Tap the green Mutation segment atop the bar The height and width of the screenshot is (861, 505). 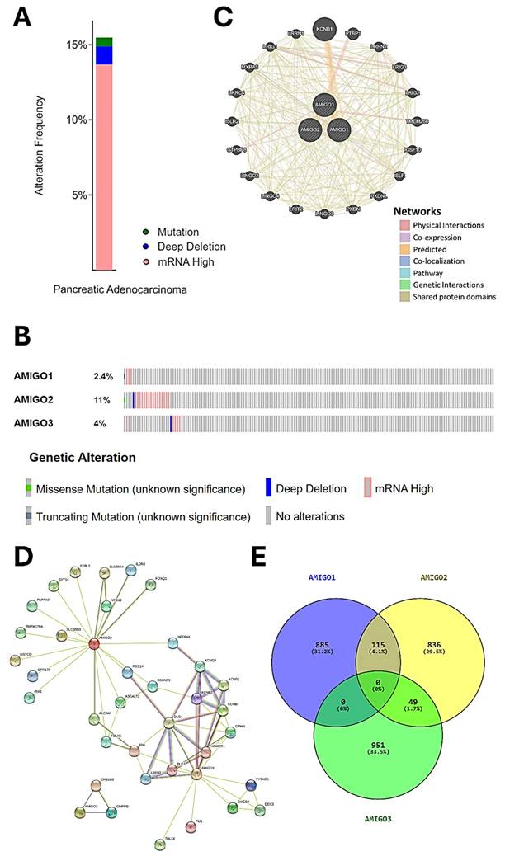[104, 41]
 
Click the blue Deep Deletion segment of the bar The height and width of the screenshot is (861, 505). [104, 55]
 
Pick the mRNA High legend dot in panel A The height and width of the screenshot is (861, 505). [145, 261]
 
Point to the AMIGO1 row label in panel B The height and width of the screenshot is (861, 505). [35, 377]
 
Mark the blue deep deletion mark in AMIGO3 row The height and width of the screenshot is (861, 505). [171, 423]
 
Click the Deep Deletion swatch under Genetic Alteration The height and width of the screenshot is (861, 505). [268, 488]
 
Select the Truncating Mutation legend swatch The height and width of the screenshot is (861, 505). [29, 517]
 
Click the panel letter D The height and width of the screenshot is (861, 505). [22, 558]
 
